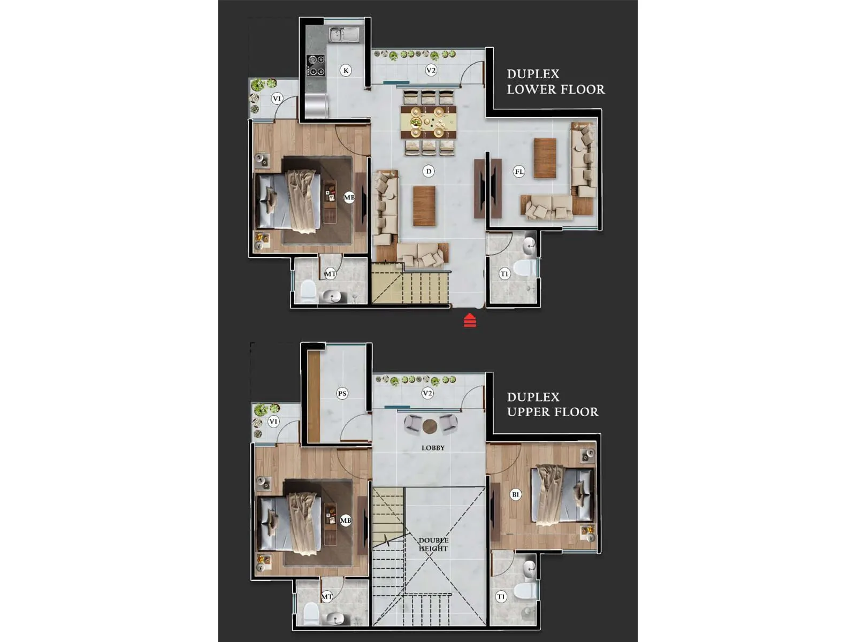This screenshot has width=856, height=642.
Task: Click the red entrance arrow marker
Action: [470, 320]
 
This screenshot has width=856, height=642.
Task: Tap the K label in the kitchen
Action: [346, 70]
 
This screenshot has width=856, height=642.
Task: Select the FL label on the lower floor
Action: [519, 172]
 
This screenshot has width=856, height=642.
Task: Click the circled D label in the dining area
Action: [428, 171]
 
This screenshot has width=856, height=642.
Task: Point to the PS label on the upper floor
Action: [342, 393]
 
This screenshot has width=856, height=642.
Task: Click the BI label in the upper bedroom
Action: [515, 494]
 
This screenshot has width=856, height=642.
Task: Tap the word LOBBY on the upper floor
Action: [433, 448]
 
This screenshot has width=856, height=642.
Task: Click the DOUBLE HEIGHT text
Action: [433, 544]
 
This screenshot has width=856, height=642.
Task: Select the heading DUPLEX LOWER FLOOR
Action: [555, 82]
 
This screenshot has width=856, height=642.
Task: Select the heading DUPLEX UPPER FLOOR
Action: [552, 404]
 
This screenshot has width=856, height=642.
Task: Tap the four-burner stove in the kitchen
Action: [316, 65]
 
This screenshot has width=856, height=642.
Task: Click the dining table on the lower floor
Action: [429, 123]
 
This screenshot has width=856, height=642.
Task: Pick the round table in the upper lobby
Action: [430, 426]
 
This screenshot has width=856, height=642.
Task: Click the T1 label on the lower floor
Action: [504, 274]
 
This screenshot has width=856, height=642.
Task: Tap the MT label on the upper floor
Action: [326, 596]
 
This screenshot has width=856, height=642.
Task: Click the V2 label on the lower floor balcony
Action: [431, 70]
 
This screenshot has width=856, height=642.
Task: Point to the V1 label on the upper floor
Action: [273, 422]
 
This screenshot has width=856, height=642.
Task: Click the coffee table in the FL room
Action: [545, 158]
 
